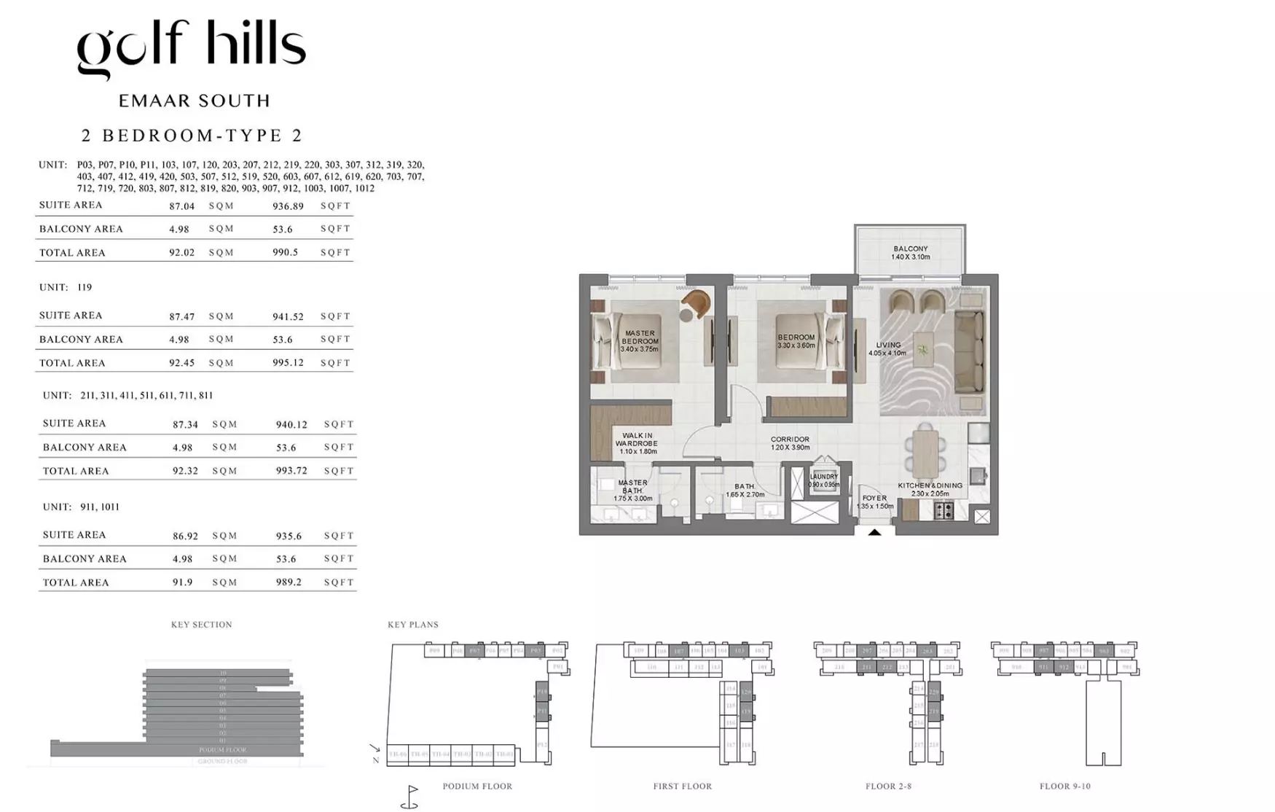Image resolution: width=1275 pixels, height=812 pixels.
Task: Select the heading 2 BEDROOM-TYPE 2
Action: pyautogui.click(x=192, y=136)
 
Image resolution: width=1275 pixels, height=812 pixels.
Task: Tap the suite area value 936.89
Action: pyautogui.click(x=288, y=206)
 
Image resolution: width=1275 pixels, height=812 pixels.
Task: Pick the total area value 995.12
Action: pyautogui.click(x=288, y=363)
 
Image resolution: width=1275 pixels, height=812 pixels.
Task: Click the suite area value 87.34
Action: pyautogui.click(x=185, y=424)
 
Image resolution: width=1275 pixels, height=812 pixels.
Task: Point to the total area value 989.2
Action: pyautogui.click(x=289, y=582)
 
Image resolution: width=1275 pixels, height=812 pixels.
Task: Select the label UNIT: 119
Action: pyautogui.click(x=66, y=287)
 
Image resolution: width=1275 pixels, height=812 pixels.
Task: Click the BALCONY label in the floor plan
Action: pyautogui.click(x=910, y=249)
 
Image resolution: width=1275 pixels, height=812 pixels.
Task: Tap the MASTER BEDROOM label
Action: pyautogui.click(x=639, y=337)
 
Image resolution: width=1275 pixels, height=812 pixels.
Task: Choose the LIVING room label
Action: pyautogui.click(x=888, y=346)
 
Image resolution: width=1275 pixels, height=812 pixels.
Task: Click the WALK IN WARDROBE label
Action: pyautogui.click(x=637, y=440)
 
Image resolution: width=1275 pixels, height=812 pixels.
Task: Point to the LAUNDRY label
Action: pyautogui.click(x=823, y=477)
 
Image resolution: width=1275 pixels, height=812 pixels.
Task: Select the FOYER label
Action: pyautogui.click(x=874, y=499)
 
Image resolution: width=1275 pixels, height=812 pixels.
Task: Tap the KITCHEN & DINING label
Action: pyautogui.click(x=930, y=485)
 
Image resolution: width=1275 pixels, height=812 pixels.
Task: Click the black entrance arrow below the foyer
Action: pyautogui.click(x=874, y=533)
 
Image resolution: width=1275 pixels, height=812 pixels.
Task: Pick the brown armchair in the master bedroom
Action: pyautogui.click(x=697, y=302)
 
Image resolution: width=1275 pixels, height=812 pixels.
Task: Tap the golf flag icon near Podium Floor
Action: pyautogui.click(x=410, y=797)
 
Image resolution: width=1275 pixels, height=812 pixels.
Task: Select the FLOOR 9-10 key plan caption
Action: pyautogui.click(x=1064, y=786)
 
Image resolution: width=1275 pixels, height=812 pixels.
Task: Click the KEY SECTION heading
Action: pyautogui.click(x=201, y=625)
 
